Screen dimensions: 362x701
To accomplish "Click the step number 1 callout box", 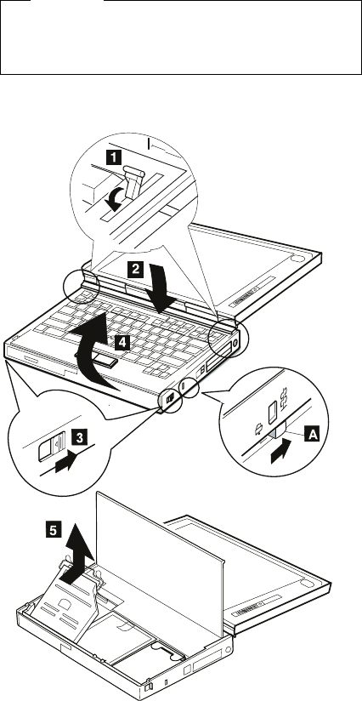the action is click(x=113, y=157).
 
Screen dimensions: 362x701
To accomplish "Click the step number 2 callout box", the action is click(x=135, y=269).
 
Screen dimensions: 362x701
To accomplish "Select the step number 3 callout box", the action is click(x=79, y=436).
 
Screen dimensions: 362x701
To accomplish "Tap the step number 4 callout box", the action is click(x=122, y=343).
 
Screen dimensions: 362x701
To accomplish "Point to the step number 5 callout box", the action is click(x=53, y=530).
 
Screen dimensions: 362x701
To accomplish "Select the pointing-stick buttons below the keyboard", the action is click(x=95, y=360).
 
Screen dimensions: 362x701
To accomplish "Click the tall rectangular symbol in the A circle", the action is click(x=272, y=413).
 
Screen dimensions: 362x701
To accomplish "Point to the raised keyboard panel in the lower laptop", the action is click(x=160, y=564).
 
